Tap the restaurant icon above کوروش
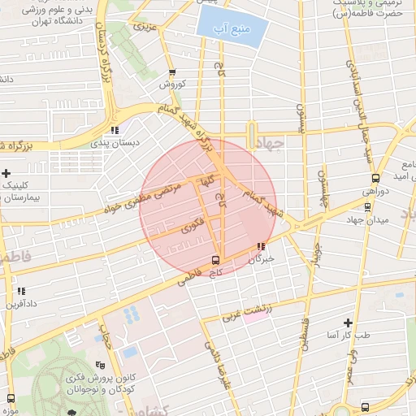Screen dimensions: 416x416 [x=172, y=71]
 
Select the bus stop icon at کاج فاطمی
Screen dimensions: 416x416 [x=214, y=260]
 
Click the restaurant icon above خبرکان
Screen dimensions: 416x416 [x=261, y=246]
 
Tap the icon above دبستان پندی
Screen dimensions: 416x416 [x=115, y=130]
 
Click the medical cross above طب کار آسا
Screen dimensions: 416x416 [x=349, y=323]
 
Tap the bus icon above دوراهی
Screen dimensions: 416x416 [x=375, y=178]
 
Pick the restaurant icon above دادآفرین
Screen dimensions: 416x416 [x=21, y=290]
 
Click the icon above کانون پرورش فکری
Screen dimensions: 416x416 [x=99, y=366]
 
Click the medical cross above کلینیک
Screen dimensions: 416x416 [x=6, y=173]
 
